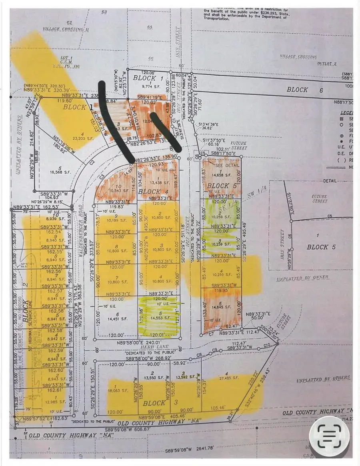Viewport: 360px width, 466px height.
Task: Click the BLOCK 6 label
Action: tap(297, 90)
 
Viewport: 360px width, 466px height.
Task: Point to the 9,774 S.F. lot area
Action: tap(142, 84)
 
